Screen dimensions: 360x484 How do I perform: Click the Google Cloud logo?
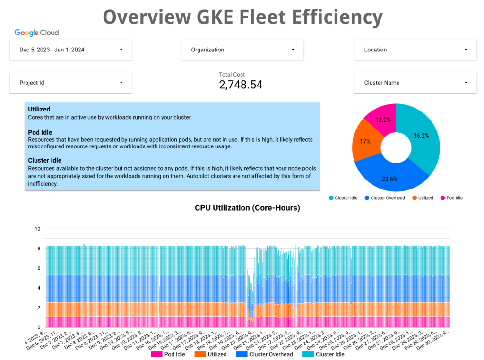click(36, 33)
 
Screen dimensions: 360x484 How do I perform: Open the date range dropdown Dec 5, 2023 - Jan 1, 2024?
click(70, 50)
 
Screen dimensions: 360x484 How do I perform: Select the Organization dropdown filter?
click(242, 50)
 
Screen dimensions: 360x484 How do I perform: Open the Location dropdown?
click(415, 50)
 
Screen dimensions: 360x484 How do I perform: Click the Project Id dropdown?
click(70, 83)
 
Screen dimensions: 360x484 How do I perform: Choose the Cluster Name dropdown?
click(415, 83)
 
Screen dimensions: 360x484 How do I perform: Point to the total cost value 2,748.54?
click(241, 85)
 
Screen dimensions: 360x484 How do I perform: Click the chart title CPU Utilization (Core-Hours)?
click(247, 207)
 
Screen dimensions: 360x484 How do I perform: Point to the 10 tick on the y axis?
click(38, 229)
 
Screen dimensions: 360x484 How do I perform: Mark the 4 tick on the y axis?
click(38, 288)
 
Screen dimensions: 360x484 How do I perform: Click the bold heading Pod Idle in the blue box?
click(40, 132)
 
